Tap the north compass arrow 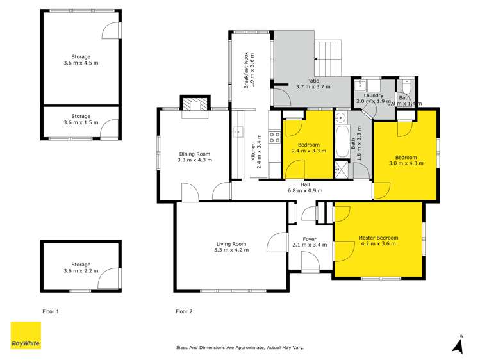pos(458,345)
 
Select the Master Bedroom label pos(377,240)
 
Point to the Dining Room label pos(194,157)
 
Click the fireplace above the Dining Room pos(194,105)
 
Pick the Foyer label pos(309,241)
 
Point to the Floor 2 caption pos(184,311)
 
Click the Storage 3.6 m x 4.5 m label pos(81,60)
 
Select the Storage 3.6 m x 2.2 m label pos(81,268)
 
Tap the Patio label pos(312,83)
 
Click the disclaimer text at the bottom pos(240,348)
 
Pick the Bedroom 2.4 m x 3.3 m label pos(308,148)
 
